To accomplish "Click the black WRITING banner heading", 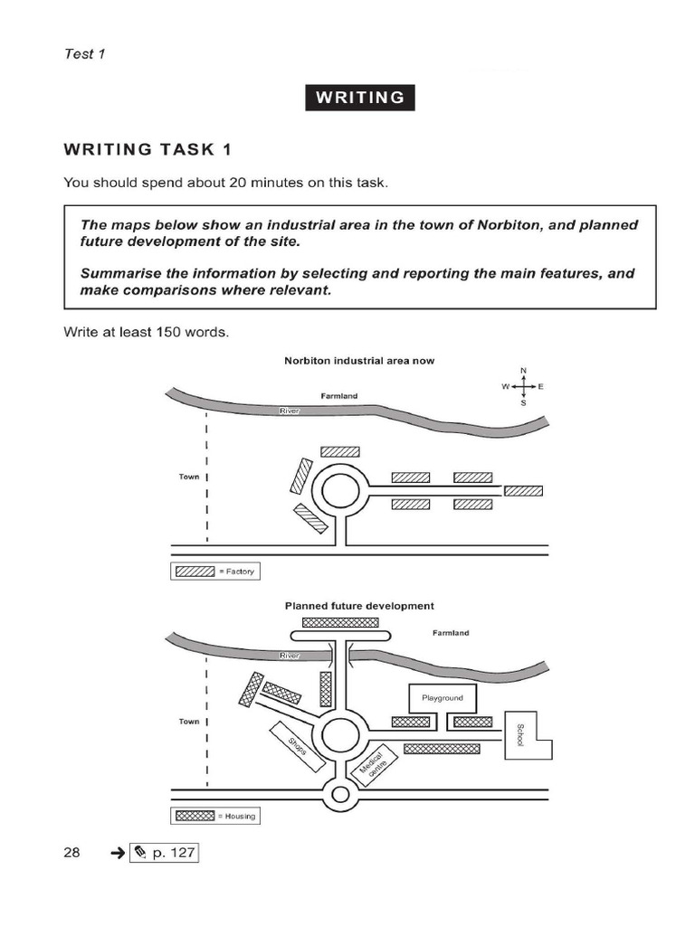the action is click(359, 98).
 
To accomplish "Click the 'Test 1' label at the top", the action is click(84, 53).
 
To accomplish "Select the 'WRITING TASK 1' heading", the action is click(153, 149).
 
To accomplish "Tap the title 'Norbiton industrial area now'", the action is click(359, 360).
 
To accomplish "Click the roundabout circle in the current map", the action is click(340, 492).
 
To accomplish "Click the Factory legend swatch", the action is click(194, 572).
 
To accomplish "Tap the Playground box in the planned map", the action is click(442, 698).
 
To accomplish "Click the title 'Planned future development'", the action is click(359, 606).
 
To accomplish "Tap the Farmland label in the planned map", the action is click(451, 633).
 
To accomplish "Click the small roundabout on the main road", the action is click(340, 795).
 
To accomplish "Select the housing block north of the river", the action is click(339, 622).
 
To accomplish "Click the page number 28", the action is click(71, 852).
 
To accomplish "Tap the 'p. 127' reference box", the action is click(164, 852).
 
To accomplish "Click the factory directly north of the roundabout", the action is click(340, 451).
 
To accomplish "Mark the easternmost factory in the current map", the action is click(523, 491).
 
